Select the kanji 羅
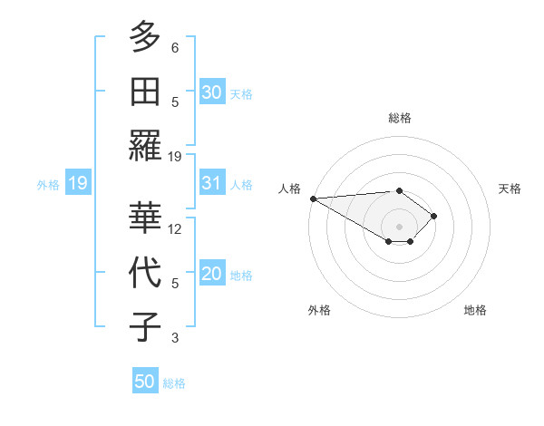pyautogui.click(x=145, y=144)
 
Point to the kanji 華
pyautogui.click(x=145, y=218)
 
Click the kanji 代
pyautogui.click(x=145, y=272)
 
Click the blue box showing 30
pyautogui.click(x=212, y=92)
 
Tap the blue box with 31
pyautogui.click(x=212, y=183)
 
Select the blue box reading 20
pyautogui.click(x=212, y=275)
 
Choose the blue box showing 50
pyautogui.click(x=145, y=382)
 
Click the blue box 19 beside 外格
pyautogui.click(x=77, y=184)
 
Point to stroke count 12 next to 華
pyautogui.click(x=176, y=229)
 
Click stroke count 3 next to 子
pyautogui.click(x=175, y=338)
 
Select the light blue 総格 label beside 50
pyautogui.click(x=174, y=383)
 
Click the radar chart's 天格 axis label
pyautogui.click(x=510, y=189)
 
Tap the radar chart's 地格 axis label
pyautogui.click(x=475, y=310)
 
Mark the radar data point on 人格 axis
pyautogui.click(x=313, y=198)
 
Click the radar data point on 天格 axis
pyautogui.click(x=435, y=216)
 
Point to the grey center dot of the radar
pyautogui.click(x=399, y=226)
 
